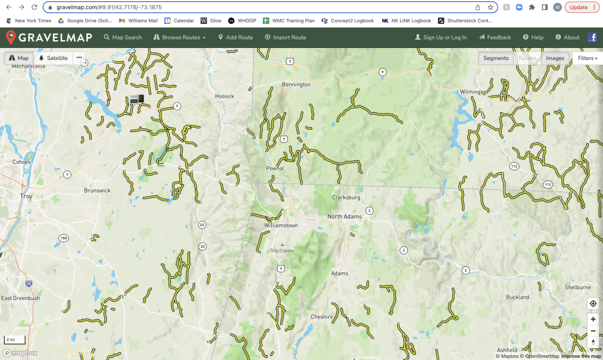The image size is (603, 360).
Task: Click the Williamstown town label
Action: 281,226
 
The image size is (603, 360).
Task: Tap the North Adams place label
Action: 344,217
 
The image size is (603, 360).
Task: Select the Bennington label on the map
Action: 296,85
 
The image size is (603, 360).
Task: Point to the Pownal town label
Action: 275,169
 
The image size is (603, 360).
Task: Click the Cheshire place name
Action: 322,317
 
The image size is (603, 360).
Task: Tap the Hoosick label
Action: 225,96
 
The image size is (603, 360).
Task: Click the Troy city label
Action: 26,196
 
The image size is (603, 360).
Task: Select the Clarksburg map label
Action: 346,197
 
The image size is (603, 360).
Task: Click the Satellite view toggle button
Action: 53,58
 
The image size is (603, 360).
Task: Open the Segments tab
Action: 496,58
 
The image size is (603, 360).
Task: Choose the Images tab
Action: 554,58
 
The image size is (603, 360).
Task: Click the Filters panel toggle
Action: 587,58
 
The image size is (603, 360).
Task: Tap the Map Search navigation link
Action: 123,37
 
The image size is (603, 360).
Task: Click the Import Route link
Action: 286,37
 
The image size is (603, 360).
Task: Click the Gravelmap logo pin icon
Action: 11,37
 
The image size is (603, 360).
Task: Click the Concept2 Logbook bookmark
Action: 347,20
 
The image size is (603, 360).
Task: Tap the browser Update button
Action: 579,7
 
